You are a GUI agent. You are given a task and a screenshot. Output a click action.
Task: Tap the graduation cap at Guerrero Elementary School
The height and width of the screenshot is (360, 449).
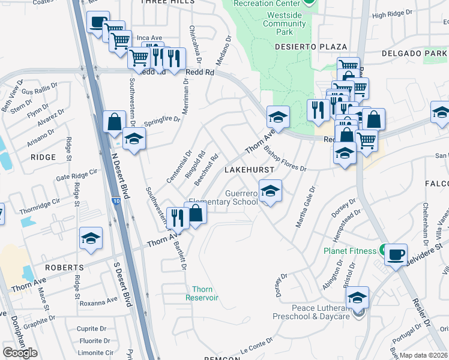point(270,191)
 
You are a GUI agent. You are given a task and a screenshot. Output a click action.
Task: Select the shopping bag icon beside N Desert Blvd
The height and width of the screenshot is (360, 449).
point(114,122)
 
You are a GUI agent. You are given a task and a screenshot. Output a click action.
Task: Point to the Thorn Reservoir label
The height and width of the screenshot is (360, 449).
point(202,293)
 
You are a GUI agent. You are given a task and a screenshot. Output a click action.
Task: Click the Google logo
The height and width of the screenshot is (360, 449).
point(20,353)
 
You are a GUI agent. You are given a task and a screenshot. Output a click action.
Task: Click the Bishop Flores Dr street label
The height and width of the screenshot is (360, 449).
point(285,158)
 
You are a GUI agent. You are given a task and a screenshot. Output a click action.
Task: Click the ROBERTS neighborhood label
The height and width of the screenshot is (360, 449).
point(67,267)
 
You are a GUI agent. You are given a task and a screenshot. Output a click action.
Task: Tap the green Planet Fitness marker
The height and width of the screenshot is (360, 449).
point(382,250)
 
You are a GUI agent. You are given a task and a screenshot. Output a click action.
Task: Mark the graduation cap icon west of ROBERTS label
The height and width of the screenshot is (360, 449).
point(91,239)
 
